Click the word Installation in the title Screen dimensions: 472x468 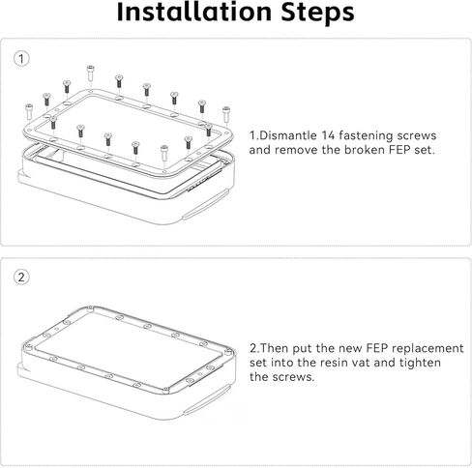point(194,12)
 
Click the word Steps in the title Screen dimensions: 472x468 point(317,14)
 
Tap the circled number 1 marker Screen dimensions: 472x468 point(21,59)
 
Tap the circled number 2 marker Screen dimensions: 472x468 point(21,278)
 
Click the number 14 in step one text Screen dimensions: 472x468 point(328,135)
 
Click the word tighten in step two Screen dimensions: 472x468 point(420,363)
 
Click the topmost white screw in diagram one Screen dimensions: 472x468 point(91,73)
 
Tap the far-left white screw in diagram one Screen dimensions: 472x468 point(29,111)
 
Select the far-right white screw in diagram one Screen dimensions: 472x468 point(226,114)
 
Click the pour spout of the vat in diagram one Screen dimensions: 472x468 point(205,204)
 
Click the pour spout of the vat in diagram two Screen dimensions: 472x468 point(207,399)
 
